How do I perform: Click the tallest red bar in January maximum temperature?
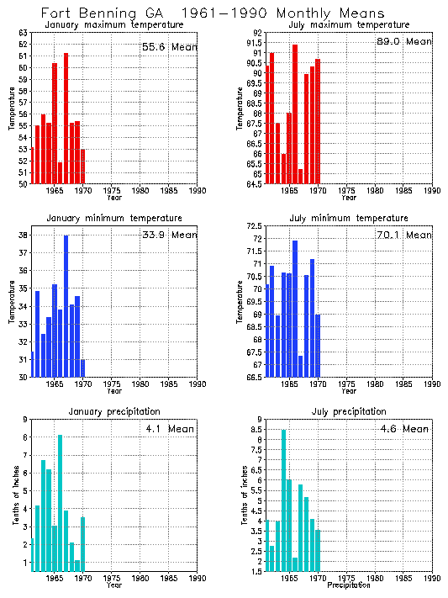66,118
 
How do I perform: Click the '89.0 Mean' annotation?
404,41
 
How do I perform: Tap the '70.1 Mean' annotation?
404,235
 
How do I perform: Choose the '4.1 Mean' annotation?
170,429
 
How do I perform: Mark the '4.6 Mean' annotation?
404,429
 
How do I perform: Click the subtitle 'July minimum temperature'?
348,218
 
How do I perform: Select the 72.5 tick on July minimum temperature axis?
253,226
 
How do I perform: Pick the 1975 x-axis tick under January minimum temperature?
112,384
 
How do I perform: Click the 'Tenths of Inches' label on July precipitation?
246,496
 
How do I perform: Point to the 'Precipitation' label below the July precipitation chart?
348,585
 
